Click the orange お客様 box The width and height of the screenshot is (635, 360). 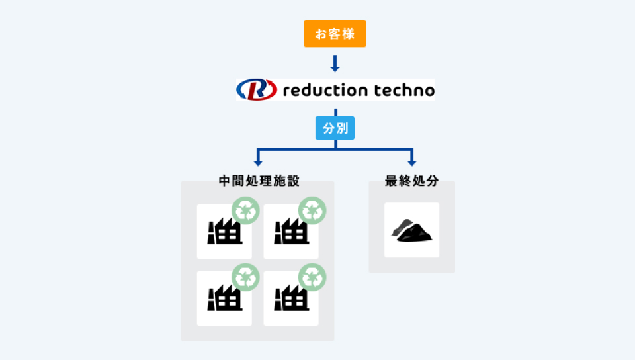pos(335,34)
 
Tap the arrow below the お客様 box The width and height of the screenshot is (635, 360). pos(335,64)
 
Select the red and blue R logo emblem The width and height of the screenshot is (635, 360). pos(257,89)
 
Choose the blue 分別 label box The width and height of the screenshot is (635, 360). pos(335,128)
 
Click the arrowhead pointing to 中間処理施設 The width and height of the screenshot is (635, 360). pos(258,162)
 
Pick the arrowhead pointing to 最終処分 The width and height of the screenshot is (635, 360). pos(411,162)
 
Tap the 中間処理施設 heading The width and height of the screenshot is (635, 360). pos(258,181)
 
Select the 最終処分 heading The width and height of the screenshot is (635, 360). pos(411,181)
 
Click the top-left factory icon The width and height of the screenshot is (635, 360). pos(222,232)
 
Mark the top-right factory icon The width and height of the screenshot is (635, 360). pos(288,232)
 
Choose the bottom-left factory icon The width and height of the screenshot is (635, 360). pos(222,298)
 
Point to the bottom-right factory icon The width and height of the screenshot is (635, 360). pos(288,298)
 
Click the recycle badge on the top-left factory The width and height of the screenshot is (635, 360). pos(245,211)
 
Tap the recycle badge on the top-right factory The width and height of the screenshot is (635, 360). pos(312,211)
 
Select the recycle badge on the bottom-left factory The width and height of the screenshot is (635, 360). pos(245,277)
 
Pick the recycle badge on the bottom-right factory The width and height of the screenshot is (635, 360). pos(312,277)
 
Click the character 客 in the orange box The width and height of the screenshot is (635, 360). pos(335,34)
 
